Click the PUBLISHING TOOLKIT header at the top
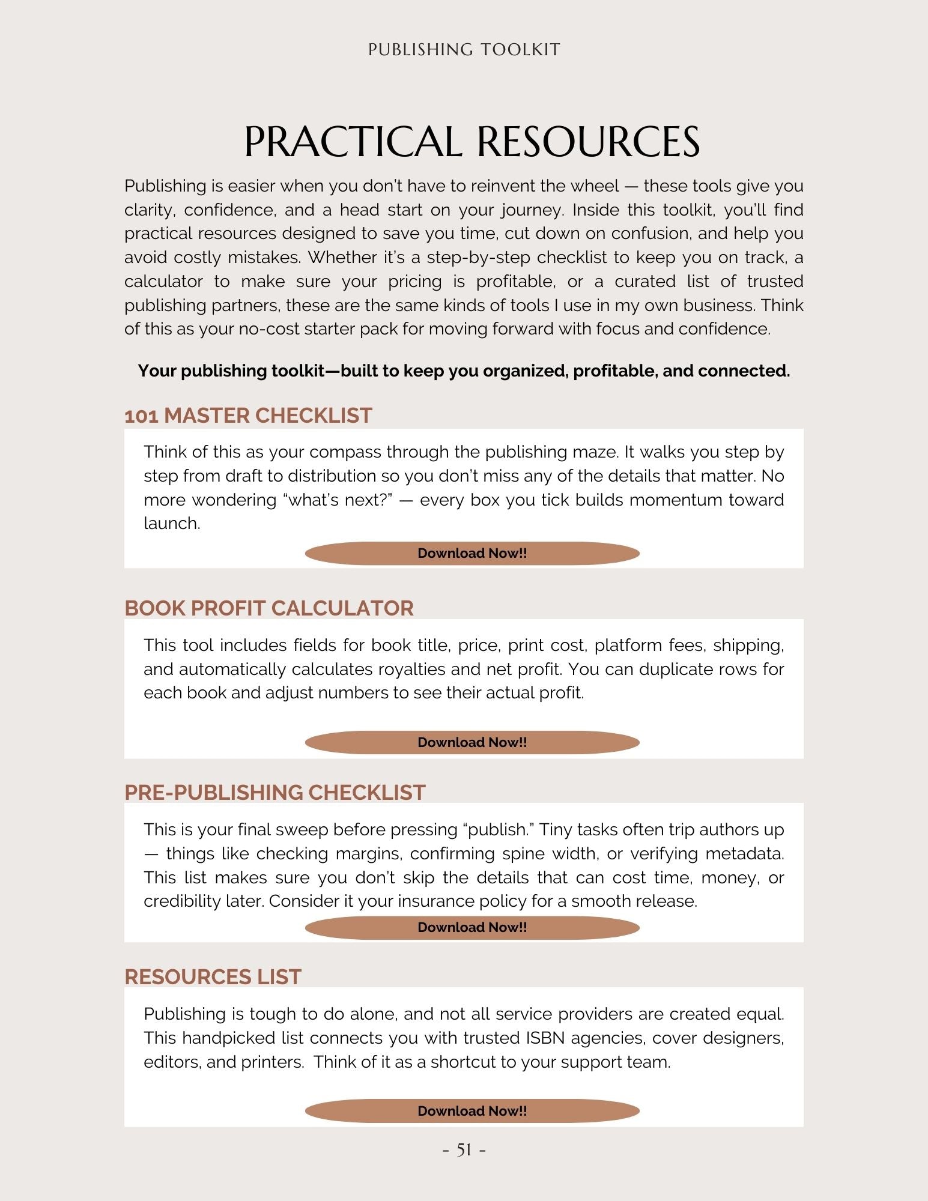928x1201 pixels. pos(464,49)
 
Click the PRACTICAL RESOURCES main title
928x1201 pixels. pos(472,142)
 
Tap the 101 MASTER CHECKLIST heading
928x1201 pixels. pos(248,416)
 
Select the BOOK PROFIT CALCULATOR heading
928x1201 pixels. pos(269,608)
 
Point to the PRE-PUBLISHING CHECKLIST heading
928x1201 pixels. pos(275,793)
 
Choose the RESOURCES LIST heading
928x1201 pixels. pos(213,977)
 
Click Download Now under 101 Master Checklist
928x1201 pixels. pos(472,553)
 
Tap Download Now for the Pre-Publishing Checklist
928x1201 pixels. pos(472,927)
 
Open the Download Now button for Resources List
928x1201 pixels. pos(472,1111)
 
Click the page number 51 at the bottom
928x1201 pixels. pos(464,1150)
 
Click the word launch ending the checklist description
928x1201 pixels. pos(171,524)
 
